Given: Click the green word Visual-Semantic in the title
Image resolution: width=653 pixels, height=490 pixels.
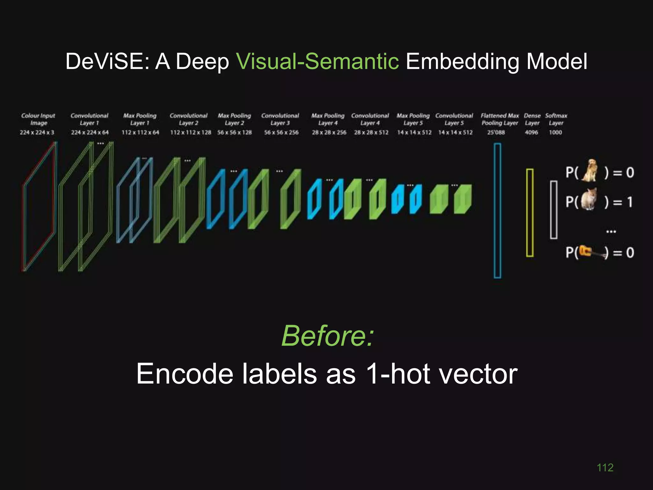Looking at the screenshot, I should (x=317, y=61).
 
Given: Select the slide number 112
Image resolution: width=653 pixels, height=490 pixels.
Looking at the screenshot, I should (x=605, y=468).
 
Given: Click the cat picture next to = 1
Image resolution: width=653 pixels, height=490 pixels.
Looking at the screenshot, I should (x=589, y=199).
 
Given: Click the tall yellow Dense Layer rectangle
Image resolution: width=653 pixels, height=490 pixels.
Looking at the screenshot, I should (x=530, y=213).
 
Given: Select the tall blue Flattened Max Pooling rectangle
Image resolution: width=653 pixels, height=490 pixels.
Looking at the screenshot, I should (x=497, y=211).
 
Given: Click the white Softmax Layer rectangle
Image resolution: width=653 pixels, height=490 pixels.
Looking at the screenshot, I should (x=554, y=210).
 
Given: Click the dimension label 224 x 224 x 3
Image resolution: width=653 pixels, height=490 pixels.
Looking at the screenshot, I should (x=37, y=132).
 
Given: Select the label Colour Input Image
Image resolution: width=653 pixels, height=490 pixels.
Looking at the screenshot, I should (x=38, y=119).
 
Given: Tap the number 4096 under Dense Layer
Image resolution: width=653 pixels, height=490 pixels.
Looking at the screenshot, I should (x=531, y=132).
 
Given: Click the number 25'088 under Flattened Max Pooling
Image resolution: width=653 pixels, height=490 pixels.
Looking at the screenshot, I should (x=496, y=132).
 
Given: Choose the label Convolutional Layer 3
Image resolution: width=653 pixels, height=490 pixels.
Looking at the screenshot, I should (x=280, y=119).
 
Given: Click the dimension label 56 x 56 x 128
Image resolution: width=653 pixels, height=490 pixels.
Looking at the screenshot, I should (x=234, y=132).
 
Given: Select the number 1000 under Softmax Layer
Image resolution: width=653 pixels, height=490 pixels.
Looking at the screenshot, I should (x=555, y=132).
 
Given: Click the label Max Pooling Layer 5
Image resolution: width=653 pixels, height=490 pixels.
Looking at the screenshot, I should (x=413, y=119).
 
